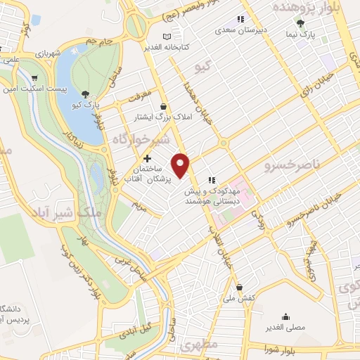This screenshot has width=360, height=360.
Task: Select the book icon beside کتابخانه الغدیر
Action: (166, 37)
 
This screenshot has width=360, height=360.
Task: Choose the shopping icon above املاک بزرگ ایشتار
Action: (164, 105)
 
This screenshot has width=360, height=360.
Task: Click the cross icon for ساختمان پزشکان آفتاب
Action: (147, 160)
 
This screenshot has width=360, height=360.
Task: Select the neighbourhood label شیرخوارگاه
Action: (141, 139)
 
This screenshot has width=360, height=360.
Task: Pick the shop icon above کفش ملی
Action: (240, 288)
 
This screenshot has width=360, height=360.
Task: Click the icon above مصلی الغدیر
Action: (285, 316)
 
